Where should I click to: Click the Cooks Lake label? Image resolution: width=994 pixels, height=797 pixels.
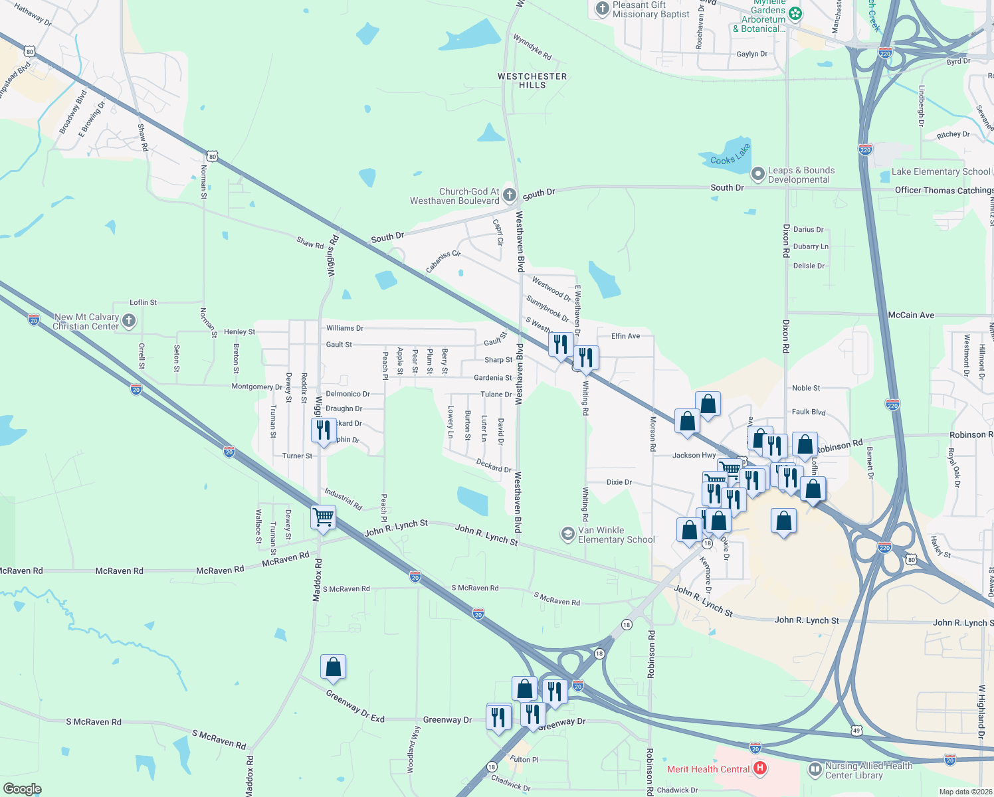click(730, 155)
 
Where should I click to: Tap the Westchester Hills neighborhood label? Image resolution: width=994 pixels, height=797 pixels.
click(532, 80)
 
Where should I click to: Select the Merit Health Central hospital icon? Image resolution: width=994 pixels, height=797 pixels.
click(760, 769)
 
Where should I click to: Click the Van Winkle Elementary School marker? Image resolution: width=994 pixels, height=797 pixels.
click(567, 534)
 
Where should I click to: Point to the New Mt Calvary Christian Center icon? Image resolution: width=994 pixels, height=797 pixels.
click(129, 321)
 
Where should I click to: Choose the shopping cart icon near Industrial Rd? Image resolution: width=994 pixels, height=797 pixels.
click(324, 516)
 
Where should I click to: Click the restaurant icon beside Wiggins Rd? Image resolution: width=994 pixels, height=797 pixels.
click(323, 429)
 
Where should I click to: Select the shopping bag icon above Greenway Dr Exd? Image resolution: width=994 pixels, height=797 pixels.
click(333, 666)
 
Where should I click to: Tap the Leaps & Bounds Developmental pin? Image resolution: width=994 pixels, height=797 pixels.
click(757, 175)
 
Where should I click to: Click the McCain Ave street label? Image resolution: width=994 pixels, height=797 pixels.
click(911, 315)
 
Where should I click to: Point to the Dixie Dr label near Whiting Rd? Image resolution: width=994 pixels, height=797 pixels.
click(619, 482)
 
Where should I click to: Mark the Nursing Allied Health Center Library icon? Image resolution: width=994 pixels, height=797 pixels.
click(815, 770)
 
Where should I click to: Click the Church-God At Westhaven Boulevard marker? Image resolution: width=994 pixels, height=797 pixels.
click(509, 195)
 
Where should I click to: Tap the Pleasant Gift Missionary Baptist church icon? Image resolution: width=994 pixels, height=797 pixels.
click(602, 9)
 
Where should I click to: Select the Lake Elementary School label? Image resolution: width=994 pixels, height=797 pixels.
click(941, 171)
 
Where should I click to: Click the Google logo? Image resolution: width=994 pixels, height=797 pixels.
click(23, 789)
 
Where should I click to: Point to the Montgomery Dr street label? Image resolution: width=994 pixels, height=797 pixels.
click(256, 387)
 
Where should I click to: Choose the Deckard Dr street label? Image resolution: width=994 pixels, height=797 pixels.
click(494, 465)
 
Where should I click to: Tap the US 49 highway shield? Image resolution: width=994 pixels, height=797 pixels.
click(856, 730)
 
